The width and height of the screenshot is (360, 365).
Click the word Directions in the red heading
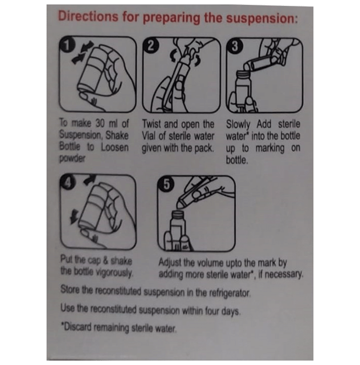pos(88,16)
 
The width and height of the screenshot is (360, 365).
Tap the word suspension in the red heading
pos(262,19)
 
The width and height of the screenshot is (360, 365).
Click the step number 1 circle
pos(67,45)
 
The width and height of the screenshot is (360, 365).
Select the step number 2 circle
pos(151,46)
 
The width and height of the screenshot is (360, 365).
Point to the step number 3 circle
pos(234,46)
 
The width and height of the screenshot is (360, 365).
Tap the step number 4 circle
pos(67,182)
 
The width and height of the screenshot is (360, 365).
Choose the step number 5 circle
pos(166,185)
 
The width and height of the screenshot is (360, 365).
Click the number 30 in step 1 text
pos(100,124)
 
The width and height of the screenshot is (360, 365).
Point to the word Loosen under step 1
pos(115,148)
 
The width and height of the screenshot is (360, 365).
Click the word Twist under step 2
pos(152,124)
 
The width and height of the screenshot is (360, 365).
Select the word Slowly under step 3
pos(238,125)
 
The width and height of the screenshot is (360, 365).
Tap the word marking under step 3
pos(270,149)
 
